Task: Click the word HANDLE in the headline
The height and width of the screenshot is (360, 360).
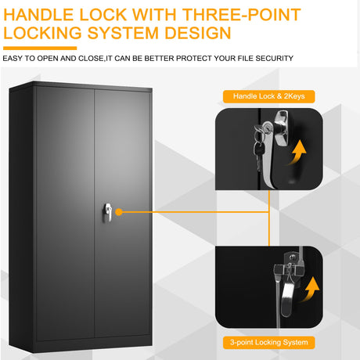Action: tap(38, 15)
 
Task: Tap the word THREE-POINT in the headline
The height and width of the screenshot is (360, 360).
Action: tap(242, 15)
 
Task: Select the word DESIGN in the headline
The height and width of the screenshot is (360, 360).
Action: tap(198, 33)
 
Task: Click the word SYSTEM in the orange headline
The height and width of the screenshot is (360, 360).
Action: tap(123, 33)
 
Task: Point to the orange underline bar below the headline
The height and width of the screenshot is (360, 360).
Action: tap(40, 48)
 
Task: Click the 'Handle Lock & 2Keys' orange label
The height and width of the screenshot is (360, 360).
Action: tap(269, 96)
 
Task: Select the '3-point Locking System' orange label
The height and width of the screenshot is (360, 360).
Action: tap(269, 343)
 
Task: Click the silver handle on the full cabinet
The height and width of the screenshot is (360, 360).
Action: tap(108, 212)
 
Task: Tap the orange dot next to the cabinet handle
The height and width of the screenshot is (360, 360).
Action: tap(119, 212)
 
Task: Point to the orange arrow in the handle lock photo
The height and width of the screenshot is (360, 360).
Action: tap(296, 153)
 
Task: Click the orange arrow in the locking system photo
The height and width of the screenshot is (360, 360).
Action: tap(310, 290)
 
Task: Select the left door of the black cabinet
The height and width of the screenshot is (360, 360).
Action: tap(65, 214)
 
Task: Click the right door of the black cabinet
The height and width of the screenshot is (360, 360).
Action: tap(122, 214)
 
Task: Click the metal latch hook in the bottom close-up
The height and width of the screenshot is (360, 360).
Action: tap(287, 296)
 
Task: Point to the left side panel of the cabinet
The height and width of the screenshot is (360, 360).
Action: tap(22, 217)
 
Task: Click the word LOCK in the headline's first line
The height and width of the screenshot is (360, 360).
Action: tap(103, 15)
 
